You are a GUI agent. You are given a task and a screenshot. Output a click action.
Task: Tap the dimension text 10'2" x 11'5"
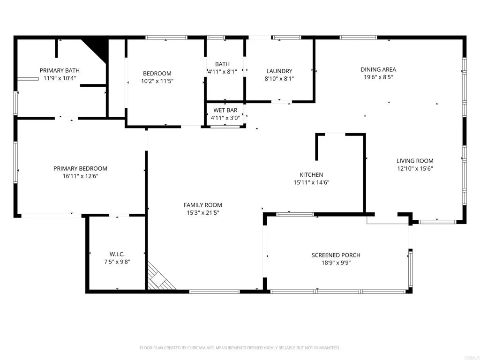point(157,81)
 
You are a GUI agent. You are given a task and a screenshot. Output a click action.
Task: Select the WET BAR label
point(225,110)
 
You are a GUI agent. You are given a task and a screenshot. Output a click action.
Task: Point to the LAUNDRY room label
point(279,71)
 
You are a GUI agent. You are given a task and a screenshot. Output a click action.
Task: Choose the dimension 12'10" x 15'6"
point(415,168)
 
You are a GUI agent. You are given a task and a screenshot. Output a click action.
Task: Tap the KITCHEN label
point(311,175)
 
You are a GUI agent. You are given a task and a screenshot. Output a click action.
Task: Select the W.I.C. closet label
point(117,254)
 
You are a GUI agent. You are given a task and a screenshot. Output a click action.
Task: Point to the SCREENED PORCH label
point(336,255)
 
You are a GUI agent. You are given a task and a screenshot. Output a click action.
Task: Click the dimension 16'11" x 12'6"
point(80,176)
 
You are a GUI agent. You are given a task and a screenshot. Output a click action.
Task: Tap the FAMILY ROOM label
point(202,205)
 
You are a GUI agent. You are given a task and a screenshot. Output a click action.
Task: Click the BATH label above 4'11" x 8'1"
point(222,64)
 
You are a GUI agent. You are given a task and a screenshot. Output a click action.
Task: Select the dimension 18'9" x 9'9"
point(336,263)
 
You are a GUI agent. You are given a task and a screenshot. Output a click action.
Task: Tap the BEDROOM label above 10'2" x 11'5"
point(157,73)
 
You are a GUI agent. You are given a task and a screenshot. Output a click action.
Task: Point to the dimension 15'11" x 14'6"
point(311,183)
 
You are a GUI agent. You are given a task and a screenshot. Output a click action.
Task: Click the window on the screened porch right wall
point(411,270)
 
